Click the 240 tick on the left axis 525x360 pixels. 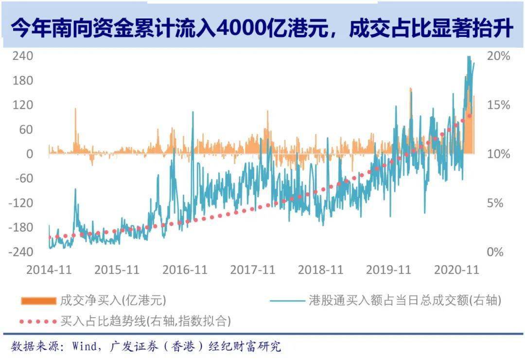click(x=23, y=56)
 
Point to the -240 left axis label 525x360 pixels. click(x=21, y=252)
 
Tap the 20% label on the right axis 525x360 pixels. click(x=499, y=56)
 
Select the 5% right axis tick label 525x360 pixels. click(x=496, y=203)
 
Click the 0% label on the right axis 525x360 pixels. click(x=496, y=252)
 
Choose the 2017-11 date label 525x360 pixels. click(x=253, y=270)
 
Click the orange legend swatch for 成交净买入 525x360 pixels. click(x=38, y=301)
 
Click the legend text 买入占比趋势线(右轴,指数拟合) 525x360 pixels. click(x=145, y=321)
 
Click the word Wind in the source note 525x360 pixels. click(x=84, y=346)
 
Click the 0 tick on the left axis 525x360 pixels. click(x=30, y=154)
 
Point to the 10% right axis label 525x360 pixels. click(x=499, y=154)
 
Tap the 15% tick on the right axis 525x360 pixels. click(x=499, y=105)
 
